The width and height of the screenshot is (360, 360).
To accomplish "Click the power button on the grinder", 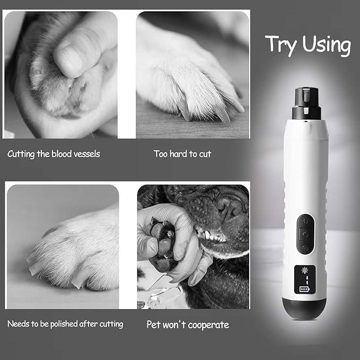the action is (305, 234).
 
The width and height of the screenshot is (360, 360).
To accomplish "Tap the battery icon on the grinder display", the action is (304, 289).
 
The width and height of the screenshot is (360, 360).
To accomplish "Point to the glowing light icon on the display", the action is (305, 270).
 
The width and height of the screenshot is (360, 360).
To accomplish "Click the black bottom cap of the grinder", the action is (304, 309).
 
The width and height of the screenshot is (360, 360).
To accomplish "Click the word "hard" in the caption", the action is (172, 154).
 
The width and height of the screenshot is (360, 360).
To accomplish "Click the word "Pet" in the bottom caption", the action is (153, 324).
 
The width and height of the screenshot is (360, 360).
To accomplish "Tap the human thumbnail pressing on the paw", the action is (67, 57).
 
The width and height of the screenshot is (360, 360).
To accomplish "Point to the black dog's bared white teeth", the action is (212, 235).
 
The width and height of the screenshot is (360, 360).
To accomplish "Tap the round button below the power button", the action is (305, 248).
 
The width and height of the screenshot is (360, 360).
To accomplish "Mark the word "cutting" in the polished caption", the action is (111, 324).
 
